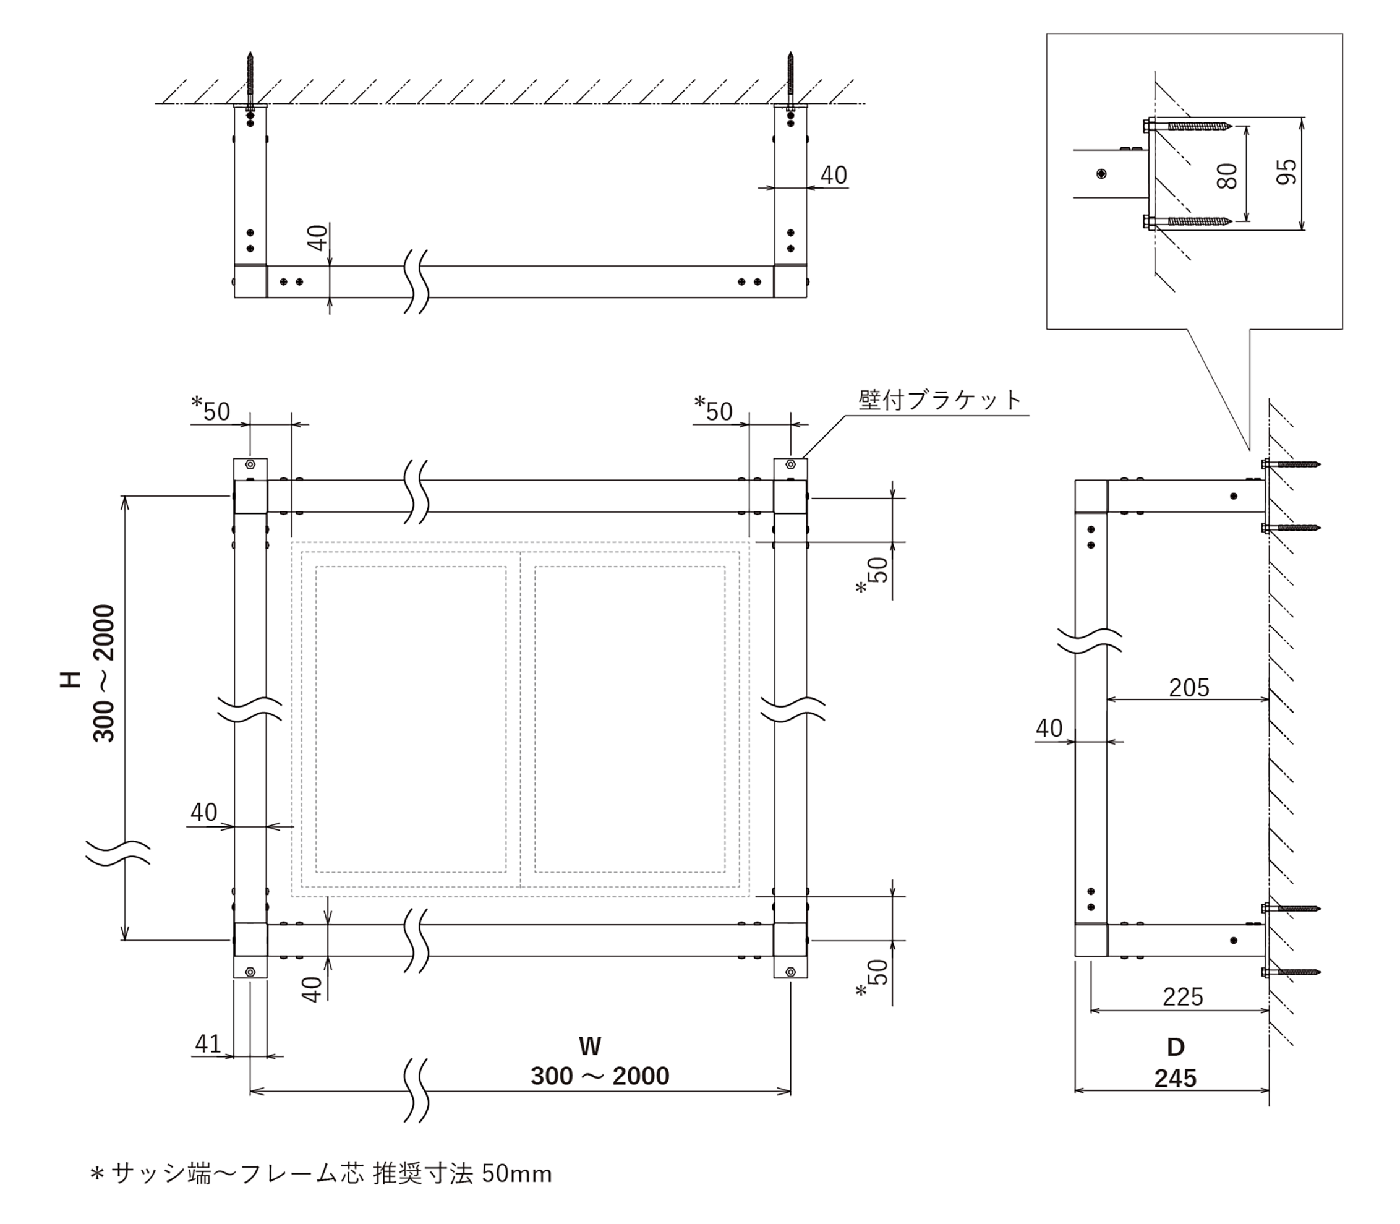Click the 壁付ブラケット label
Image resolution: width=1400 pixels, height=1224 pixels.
[939, 400]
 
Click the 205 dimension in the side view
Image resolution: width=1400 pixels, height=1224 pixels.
[1189, 687]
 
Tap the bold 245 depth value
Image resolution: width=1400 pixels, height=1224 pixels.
[1176, 1079]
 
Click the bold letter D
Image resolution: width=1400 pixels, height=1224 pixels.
[1176, 1047]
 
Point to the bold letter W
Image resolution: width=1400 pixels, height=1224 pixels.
[590, 1046]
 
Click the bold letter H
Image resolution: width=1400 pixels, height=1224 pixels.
[71, 678]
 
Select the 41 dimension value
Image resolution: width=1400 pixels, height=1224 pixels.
[208, 1043]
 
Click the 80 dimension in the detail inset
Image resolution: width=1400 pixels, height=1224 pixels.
[1227, 176]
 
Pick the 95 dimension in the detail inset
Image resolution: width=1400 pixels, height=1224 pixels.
[1287, 171]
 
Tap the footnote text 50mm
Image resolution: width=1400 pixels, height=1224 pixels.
[517, 1174]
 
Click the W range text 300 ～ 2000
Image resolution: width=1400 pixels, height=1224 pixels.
[600, 1076]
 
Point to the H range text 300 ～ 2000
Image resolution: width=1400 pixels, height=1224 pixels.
[104, 673]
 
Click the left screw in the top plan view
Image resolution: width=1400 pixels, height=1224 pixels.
[250, 79]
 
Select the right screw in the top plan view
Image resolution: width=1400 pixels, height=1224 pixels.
[790, 79]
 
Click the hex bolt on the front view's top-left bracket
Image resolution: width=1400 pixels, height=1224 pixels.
[250, 464]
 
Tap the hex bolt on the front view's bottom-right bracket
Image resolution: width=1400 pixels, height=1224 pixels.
[790, 970]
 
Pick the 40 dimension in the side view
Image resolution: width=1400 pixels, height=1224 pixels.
[1049, 728]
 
